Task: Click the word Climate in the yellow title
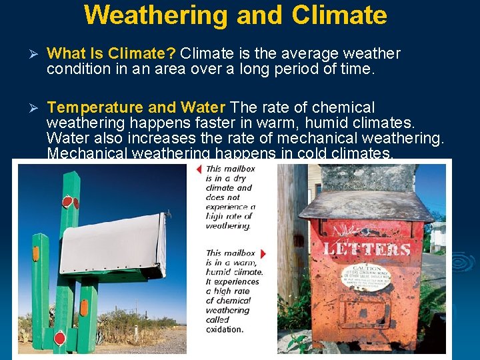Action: (x=339, y=14)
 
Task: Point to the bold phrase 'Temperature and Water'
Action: (x=137, y=107)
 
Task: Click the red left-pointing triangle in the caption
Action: (x=199, y=169)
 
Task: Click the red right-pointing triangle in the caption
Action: (x=263, y=253)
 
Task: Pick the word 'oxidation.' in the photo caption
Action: (x=225, y=329)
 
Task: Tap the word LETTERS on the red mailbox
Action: (x=366, y=249)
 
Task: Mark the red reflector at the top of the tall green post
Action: (x=67, y=201)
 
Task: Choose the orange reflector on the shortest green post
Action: (x=35, y=254)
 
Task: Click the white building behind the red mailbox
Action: (x=437, y=236)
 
